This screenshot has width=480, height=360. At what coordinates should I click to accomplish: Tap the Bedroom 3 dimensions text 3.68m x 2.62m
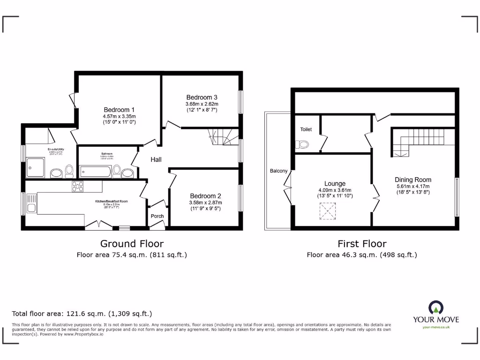[x=202, y=104]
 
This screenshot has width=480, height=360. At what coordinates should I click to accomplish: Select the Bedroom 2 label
[x=205, y=196]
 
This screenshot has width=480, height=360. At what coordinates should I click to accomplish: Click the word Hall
[x=156, y=160]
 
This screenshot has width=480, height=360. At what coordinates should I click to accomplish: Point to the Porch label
[x=157, y=216]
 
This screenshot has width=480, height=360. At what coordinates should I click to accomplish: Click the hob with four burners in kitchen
[x=77, y=187]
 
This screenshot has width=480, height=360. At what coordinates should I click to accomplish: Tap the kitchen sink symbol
[x=31, y=204]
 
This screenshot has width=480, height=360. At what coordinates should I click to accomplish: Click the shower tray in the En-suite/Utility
[x=36, y=168]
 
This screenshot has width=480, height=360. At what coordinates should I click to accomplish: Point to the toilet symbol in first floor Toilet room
[x=302, y=145]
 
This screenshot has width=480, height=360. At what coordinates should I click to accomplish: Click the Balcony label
[x=278, y=171]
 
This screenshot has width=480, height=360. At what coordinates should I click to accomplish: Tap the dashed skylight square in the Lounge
[x=328, y=211]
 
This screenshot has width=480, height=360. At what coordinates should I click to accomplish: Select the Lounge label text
[x=335, y=184]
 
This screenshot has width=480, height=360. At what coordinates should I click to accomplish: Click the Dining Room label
[x=412, y=180]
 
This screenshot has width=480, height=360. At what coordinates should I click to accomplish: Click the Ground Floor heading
[x=132, y=244]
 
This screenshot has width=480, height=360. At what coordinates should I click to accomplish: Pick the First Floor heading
[x=362, y=244]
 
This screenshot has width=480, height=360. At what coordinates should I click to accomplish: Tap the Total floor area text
[x=82, y=314]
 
